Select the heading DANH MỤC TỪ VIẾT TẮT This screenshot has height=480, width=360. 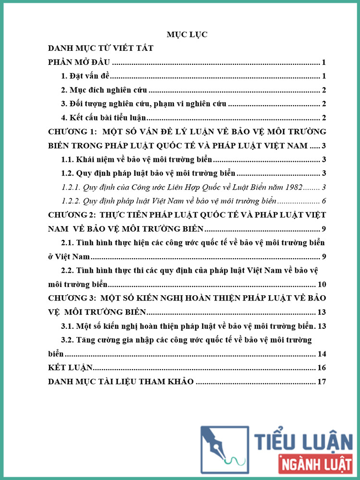(x=101, y=48)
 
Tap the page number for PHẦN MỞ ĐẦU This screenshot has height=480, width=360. (x=324, y=62)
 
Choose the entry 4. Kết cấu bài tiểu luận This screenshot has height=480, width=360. (x=103, y=118)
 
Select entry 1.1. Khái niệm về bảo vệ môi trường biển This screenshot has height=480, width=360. (x=136, y=160)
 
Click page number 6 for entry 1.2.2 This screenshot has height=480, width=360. (x=324, y=201)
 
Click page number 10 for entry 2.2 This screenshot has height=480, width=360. (x=322, y=284)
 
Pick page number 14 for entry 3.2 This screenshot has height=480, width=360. (x=322, y=354)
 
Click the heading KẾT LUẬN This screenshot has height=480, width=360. (x=71, y=368)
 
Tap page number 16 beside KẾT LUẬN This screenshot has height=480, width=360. (x=322, y=368)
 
